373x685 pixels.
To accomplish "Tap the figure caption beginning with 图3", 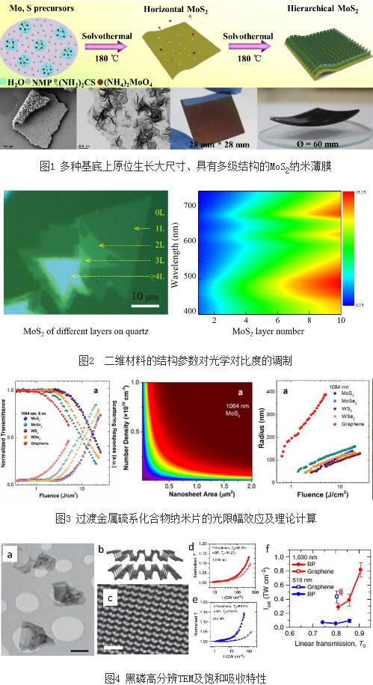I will (187, 517).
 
